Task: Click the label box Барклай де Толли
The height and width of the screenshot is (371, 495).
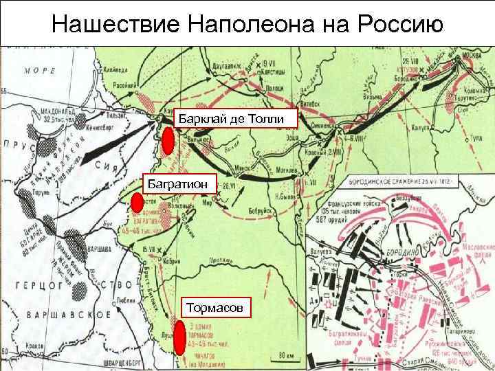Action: click(235, 118)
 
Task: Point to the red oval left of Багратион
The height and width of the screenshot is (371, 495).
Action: click(136, 202)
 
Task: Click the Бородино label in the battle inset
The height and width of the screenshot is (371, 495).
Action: click(404, 254)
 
